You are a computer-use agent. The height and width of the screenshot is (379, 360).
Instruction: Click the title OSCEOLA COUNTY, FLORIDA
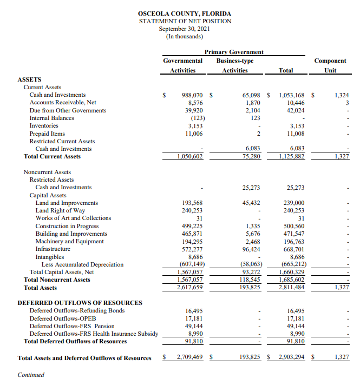[x=184, y=13]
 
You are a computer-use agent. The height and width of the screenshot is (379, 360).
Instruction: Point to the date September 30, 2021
[x=184, y=29]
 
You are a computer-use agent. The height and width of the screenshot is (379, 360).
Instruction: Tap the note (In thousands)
[x=184, y=36]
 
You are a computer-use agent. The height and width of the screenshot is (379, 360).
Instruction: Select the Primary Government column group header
[x=234, y=52]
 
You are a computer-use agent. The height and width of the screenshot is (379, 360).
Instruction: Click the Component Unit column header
[x=330, y=65]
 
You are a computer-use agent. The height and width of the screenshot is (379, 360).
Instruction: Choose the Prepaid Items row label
[x=47, y=134]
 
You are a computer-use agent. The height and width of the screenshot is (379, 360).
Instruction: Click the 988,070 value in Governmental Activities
[x=191, y=95]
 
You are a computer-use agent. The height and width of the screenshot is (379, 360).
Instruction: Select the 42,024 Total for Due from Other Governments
[x=295, y=110]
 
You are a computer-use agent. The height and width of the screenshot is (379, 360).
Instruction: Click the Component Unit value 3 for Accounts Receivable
[x=347, y=103]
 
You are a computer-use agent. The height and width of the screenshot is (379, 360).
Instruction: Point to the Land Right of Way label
[x=60, y=210]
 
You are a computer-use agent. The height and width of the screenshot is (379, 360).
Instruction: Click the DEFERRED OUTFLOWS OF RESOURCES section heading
[x=80, y=303]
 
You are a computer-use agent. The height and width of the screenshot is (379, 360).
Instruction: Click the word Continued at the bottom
[x=31, y=375]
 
